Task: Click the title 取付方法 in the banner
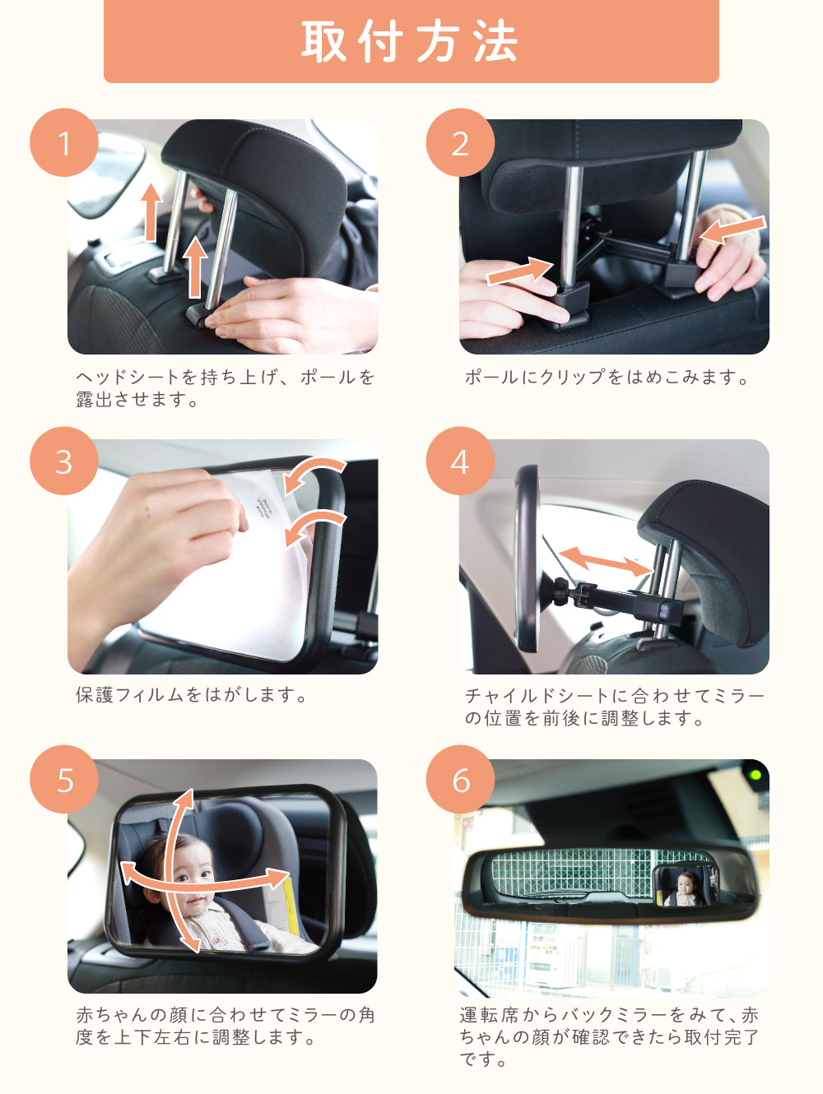[410, 42]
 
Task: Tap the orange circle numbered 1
[64, 142]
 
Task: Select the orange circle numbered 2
[460, 142]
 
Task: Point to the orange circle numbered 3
[64, 461]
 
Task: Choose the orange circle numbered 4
[460, 461]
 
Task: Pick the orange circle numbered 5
[64, 780]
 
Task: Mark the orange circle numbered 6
[460, 780]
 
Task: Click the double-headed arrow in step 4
[605, 562]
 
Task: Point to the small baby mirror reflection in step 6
[685, 886]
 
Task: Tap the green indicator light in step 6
[756, 775]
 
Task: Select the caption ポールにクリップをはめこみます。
[607, 377]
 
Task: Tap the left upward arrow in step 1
[151, 212]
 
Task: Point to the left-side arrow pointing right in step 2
[519, 271]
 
